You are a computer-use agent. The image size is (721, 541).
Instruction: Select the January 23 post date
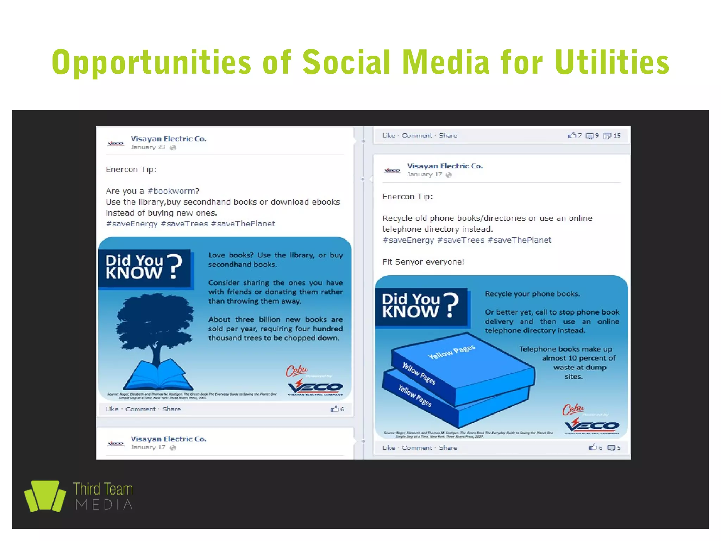(x=148, y=147)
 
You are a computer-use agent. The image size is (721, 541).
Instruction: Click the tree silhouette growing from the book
(x=154, y=324)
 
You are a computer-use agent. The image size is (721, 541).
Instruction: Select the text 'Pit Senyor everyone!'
(x=423, y=262)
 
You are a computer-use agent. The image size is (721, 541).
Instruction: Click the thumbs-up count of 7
(x=575, y=136)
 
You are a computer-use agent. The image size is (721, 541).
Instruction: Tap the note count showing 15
(x=612, y=136)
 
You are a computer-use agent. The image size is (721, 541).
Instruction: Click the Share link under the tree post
(x=171, y=409)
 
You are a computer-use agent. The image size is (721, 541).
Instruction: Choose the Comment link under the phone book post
(x=417, y=448)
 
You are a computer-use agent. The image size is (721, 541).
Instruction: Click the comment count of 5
(x=614, y=448)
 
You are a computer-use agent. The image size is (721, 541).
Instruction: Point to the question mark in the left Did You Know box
(x=174, y=267)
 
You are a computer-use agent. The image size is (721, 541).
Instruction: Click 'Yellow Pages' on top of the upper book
(x=452, y=352)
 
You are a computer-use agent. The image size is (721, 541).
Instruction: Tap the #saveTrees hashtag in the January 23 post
(x=184, y=224)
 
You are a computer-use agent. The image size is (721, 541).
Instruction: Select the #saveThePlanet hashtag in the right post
(x=519, y=240)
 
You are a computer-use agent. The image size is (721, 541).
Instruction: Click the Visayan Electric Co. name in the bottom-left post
(x=168, y=439)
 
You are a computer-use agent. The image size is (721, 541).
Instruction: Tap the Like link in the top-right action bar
(x=389, y=136)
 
